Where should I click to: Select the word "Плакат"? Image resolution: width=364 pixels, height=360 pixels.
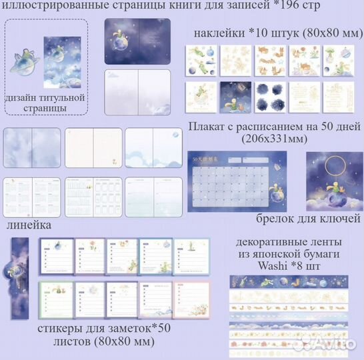pos(209,127)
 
